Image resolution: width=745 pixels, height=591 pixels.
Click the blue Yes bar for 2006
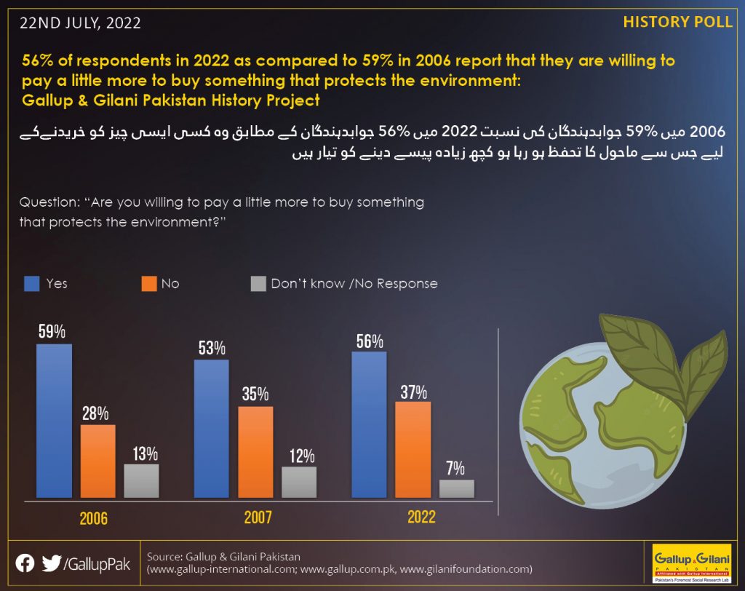coord(54,421)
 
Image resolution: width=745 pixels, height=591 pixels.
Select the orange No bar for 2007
coord(255,452)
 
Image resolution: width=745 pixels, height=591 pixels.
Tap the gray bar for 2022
coord(457,489)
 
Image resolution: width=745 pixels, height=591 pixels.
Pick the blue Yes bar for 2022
coord(369,424)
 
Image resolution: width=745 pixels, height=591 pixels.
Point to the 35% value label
coord(255,394)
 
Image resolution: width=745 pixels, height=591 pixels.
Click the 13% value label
coord(146,454)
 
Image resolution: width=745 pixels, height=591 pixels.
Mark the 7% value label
coord(455,468)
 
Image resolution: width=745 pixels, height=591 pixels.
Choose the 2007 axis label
coord(258,517)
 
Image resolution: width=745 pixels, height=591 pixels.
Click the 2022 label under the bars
coord(421,517)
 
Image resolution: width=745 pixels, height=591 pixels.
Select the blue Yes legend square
coord(32,284)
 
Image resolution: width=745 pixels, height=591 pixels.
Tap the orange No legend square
coord(149,284)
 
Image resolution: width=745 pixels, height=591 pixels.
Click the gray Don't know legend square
coord(258,284)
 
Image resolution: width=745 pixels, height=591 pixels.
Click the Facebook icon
coord(25,563)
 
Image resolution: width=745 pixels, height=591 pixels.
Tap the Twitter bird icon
coord(52,563)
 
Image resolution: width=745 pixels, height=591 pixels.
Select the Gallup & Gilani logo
coord(692,563)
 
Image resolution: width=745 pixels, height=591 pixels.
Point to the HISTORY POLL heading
coord(677,23)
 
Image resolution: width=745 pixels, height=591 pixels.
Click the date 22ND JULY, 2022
coord(80,23)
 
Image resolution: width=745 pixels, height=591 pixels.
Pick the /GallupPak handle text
coord(97,564)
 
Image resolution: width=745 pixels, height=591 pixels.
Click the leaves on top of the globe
coord(665,361)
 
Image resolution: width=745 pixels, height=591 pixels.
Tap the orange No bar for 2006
coord(98,461)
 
